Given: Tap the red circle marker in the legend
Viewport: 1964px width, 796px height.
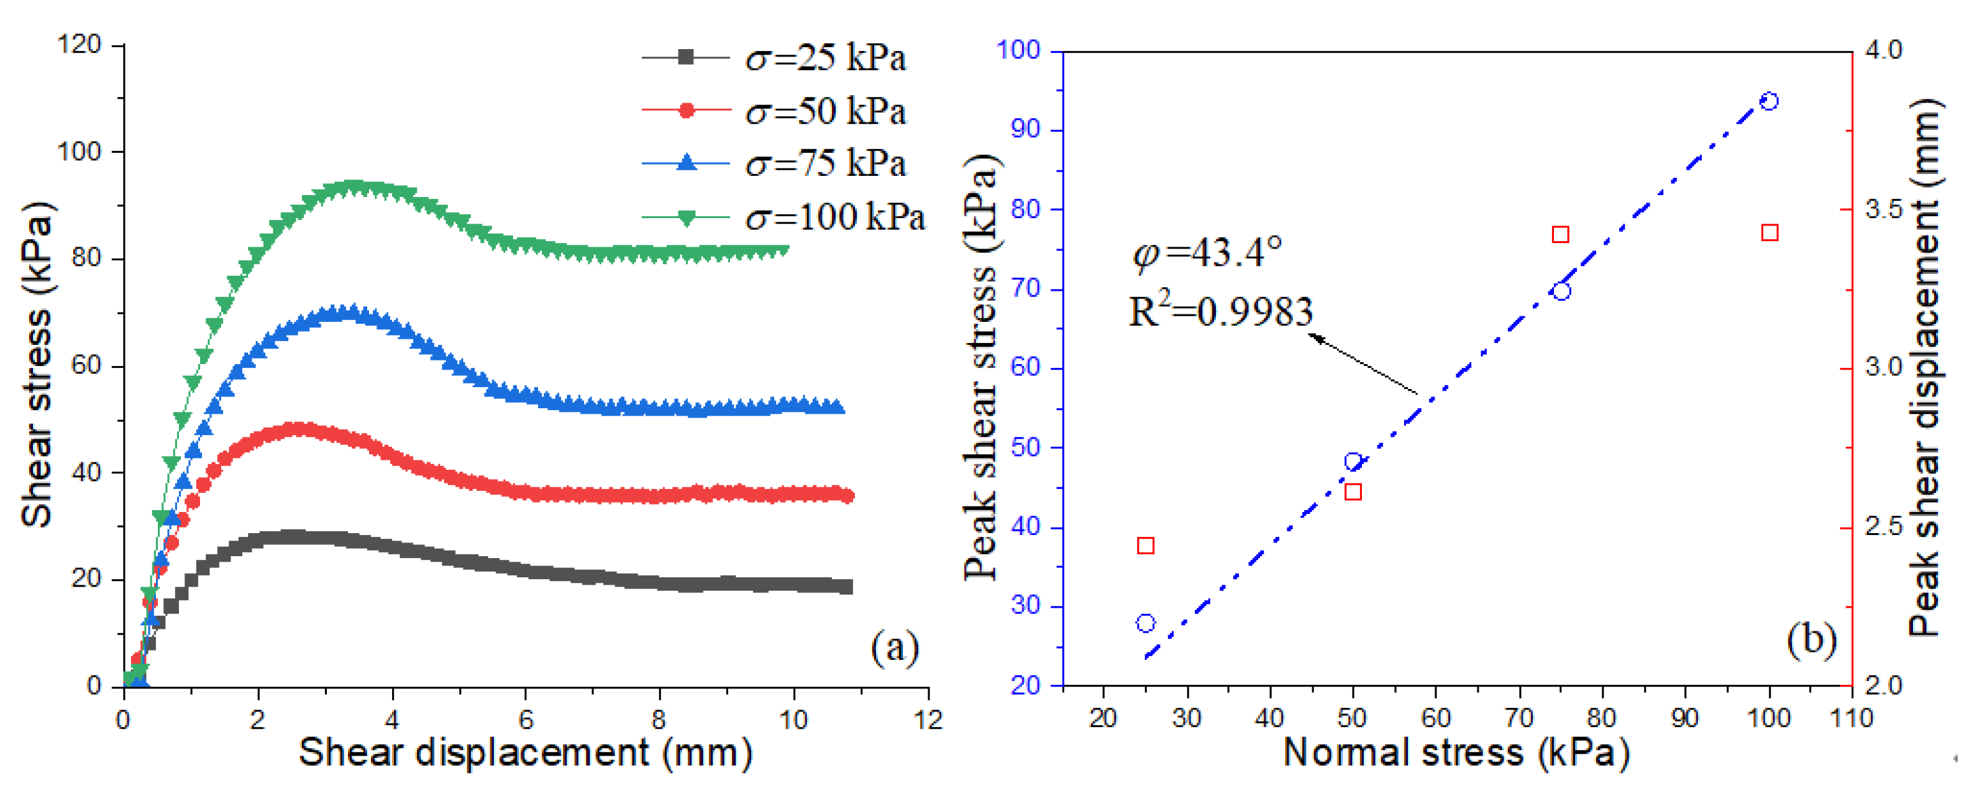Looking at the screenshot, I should point(686,111).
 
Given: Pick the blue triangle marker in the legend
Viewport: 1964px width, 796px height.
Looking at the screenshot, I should point(686,162).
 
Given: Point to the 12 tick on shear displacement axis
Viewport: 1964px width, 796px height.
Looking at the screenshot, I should point(928,719).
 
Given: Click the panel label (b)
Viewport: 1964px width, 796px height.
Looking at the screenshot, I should point(1811,639).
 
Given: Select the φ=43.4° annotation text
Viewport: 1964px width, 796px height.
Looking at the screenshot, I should point(1207,252).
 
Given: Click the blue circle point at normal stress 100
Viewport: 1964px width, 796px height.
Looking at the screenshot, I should point(1770,101).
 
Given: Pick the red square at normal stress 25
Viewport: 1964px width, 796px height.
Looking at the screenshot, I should point(1145,545).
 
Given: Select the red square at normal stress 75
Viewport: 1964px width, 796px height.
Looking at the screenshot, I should point(1561,234).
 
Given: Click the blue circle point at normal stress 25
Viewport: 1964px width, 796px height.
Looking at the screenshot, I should point(1145,623).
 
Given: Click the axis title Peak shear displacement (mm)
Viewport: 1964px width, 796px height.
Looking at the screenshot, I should point(1924,366).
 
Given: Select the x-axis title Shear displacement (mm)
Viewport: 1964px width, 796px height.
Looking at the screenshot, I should point(525,753).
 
